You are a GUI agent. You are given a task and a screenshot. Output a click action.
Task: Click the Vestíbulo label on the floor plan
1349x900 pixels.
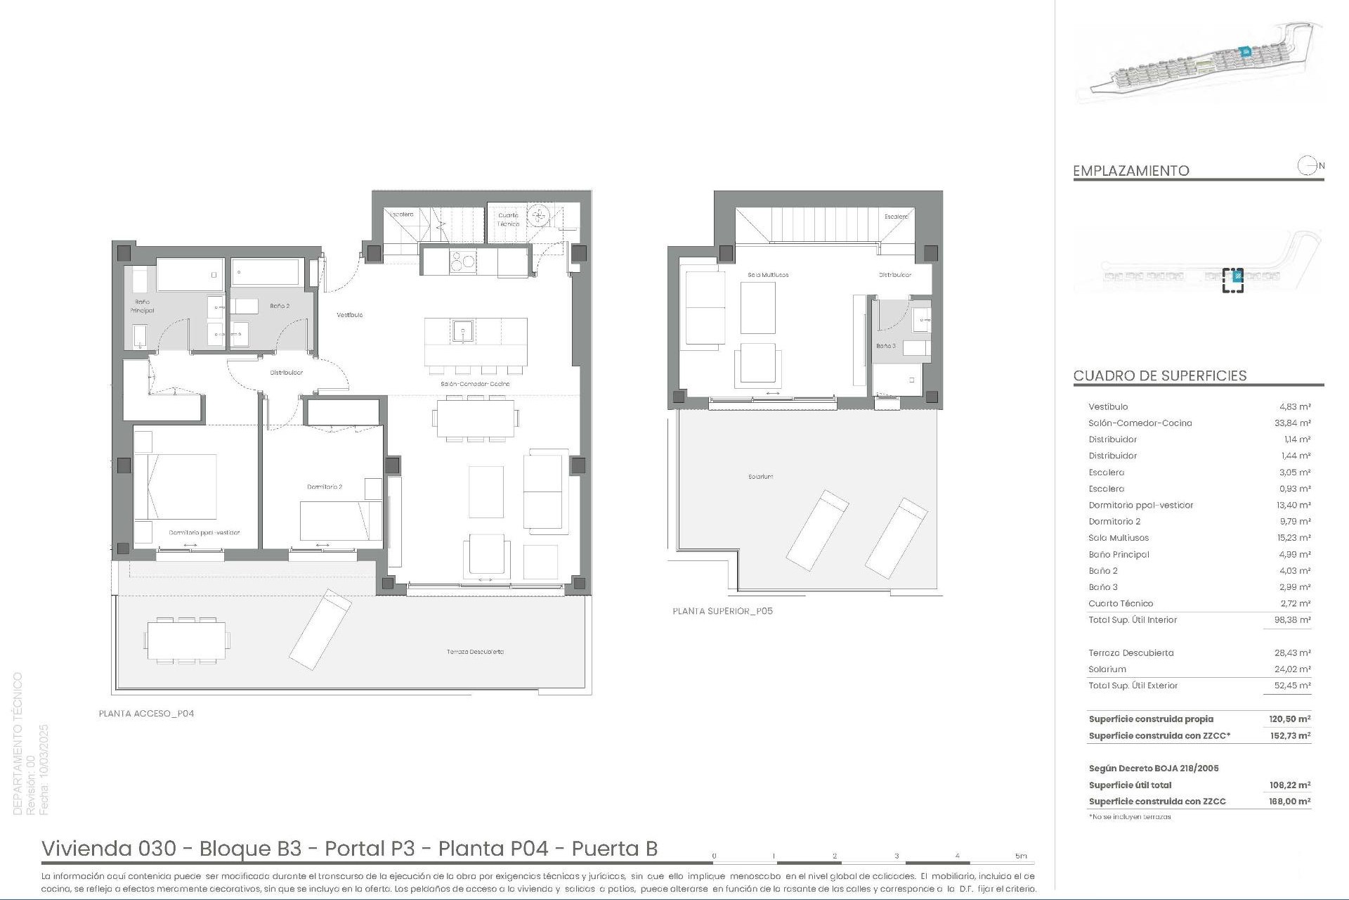349,315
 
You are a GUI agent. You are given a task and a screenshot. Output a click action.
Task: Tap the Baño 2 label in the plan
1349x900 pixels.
280,306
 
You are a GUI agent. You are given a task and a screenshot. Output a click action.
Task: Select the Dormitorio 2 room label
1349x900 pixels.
324,487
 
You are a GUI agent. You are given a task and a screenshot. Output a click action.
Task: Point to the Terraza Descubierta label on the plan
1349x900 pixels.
475,652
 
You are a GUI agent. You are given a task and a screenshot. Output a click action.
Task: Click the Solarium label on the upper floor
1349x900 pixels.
760,477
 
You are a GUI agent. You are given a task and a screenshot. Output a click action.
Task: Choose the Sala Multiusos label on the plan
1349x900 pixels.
768,275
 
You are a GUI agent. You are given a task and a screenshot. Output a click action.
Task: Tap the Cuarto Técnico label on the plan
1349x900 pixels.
508,219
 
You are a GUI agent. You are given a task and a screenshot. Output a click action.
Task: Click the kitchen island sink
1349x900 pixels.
463,330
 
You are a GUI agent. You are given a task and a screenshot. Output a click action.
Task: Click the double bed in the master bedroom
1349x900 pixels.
176,487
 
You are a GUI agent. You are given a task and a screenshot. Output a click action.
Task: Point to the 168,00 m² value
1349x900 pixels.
1290,802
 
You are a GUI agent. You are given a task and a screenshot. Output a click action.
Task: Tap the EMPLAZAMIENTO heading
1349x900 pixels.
1130,171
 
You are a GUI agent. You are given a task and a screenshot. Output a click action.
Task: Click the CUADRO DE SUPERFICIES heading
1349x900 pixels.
1159,375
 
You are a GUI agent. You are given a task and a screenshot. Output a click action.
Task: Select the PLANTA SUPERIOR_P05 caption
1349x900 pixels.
722,612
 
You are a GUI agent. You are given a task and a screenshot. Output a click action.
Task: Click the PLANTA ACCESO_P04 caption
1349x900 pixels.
146,714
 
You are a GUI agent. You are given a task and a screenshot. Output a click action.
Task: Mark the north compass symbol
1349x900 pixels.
1307,166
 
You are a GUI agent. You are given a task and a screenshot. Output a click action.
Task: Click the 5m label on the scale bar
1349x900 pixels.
1020,856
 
